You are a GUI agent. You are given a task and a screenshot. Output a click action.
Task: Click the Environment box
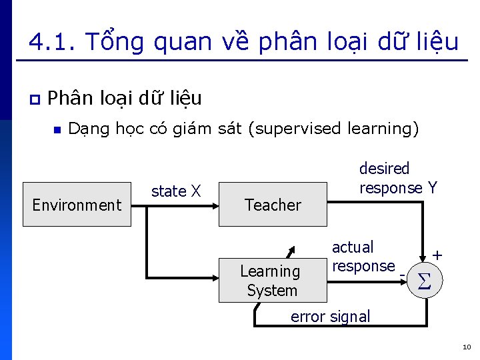pyautogui.click(x=77, y=205)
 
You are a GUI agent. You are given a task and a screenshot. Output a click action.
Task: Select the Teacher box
pyautogui.click(x=273, y=205)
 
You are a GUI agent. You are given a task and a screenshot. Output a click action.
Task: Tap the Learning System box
pyautogui.click(x=273, y=281)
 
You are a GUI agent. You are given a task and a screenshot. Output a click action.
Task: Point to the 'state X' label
pyautogui.click(x=176, y=191)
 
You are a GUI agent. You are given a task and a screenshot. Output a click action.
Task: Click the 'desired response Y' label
pyautogui.click(x=398, y=179)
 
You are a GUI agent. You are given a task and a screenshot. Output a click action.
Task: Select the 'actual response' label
pyautogui.click(x=363, y=257)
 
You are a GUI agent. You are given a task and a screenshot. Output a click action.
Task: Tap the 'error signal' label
pyautogui.click(x=330, y=316)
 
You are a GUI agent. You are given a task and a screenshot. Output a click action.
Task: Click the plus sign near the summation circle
pyautogui.click(x=437, y=255)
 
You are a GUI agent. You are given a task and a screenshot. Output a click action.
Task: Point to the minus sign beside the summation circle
pyautogui.click(x=402, y=274)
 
